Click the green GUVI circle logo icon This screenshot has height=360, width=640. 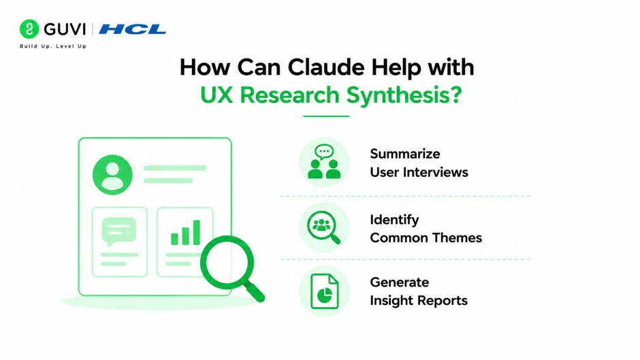[x=29, y=29]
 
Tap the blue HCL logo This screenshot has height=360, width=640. [x=133, y=29]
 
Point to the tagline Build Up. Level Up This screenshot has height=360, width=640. [x=53, y=46]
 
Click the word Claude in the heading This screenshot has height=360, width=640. [x=325, y=67]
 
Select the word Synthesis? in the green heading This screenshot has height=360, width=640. [x=404, y=95]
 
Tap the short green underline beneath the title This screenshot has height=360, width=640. [x=326, y=116]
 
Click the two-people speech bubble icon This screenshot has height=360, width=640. [x=325, y=162]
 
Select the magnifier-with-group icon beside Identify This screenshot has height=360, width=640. [x=323, y=227]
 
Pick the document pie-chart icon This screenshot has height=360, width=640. [x=325, y=291]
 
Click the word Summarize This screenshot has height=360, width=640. [x=405, y=154]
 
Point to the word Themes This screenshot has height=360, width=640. [x=457, y=238]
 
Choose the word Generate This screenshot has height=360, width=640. [x=399, y=282]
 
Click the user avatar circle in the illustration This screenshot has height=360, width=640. [x=112, y=175]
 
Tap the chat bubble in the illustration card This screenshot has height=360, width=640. [x=118, y=231]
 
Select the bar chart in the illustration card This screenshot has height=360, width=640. [x=185, y=233]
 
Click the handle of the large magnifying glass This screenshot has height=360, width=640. [x=255, y=292]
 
